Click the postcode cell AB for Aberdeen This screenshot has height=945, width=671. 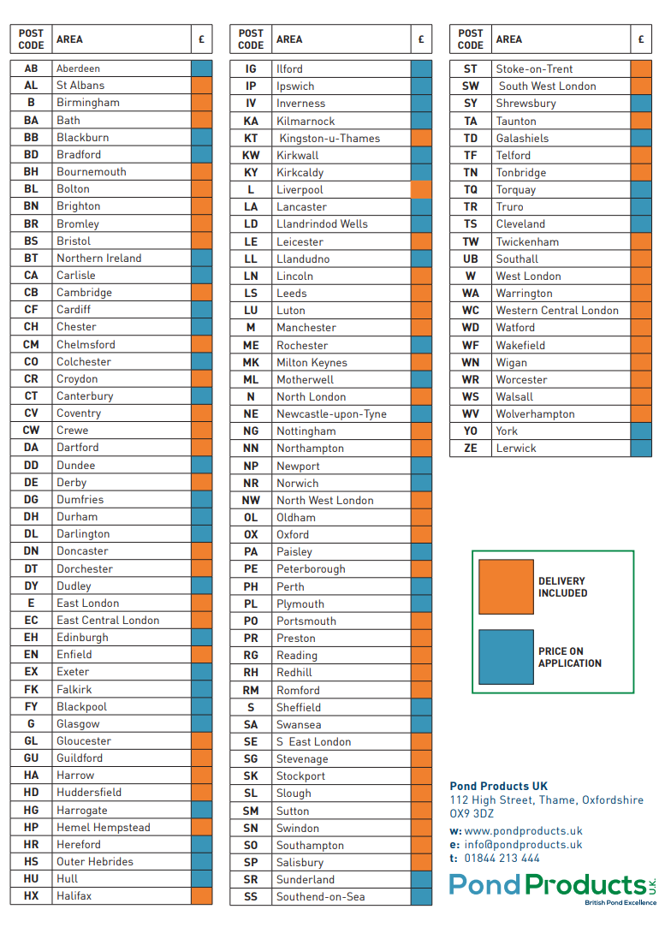pos(31,68)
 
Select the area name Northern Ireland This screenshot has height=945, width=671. pos(98,258)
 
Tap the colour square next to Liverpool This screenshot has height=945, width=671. pos(421,189)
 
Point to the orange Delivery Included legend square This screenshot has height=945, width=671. pos(505,586)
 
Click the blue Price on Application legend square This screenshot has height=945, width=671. pos(505,657)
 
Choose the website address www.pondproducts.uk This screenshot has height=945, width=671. pos(523,830)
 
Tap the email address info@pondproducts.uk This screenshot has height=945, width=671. pos(523,844)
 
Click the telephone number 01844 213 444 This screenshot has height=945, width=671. pos(502,858)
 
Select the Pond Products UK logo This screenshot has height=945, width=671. pos(553,887)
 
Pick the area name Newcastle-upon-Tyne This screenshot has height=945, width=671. pos(331,413)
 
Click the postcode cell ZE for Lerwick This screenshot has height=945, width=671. pos(471,448)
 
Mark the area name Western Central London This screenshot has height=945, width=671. pos(557,310)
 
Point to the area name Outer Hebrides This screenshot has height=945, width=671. pos(95,861)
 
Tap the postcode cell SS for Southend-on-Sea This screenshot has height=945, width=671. pos(251,896)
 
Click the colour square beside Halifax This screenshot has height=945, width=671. pos(201,895)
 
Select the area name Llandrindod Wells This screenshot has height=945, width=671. pos(322,223)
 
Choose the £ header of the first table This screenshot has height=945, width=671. pos(201,39)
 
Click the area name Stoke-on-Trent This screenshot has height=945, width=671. pos(534,68)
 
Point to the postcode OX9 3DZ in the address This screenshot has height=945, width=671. pos(472,814)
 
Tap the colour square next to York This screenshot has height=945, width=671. pos(640,431)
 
